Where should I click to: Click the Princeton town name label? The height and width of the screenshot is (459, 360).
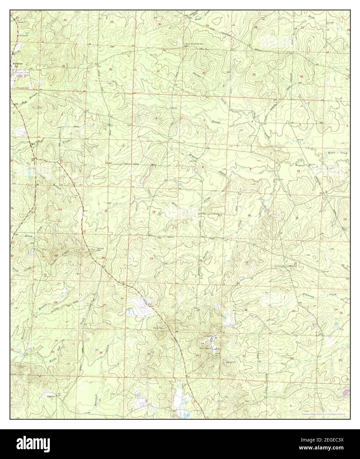(x=17, y=63)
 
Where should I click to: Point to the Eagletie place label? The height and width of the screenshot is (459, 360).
(x=50, y=397)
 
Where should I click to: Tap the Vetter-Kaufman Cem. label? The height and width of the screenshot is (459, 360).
(x=195, y=44)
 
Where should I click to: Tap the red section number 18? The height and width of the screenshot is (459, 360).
(x=154, y=212)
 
